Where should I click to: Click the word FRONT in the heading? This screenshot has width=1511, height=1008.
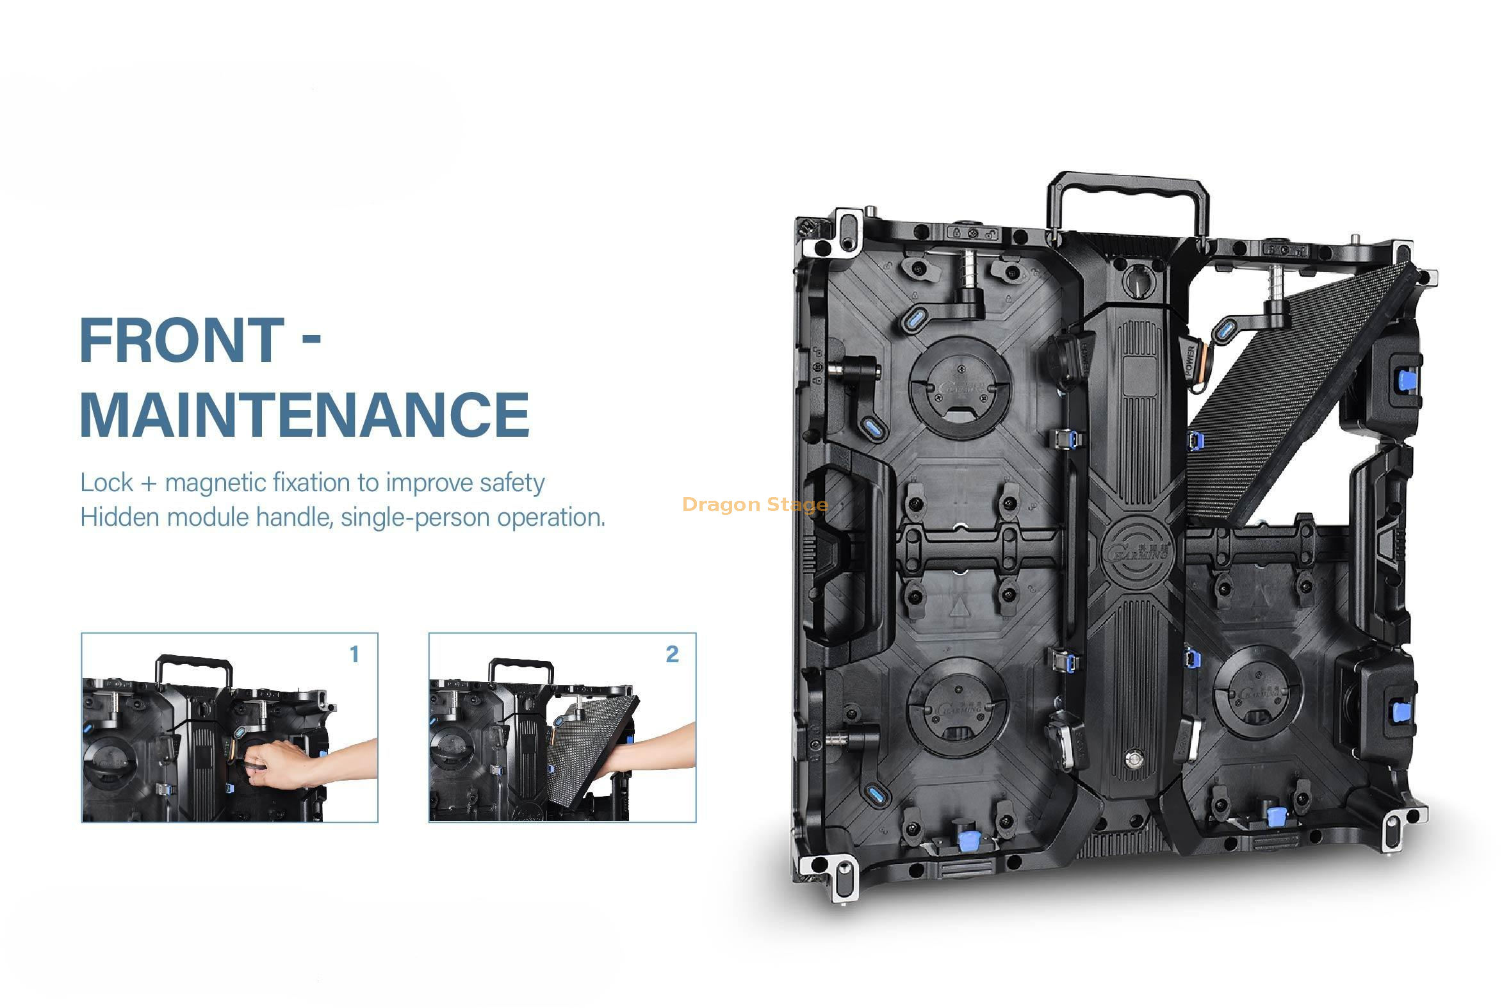pyautogui.click(x=182, y=340)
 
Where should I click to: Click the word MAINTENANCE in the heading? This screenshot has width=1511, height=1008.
pyautogui.click(x=305, y=414)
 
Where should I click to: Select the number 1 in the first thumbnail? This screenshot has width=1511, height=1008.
pyautogui.click(x=354, y=654)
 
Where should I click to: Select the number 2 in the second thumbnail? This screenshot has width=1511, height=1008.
pyautogui.click(x=672, y=654)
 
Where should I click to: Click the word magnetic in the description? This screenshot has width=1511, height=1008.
pyautogui.click(x=215, y=483)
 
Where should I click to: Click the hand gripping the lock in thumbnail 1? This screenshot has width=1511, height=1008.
pyautogui.click(x=277, y=765)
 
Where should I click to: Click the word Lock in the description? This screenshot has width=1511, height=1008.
pyautogui.click(x=107, y=483)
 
